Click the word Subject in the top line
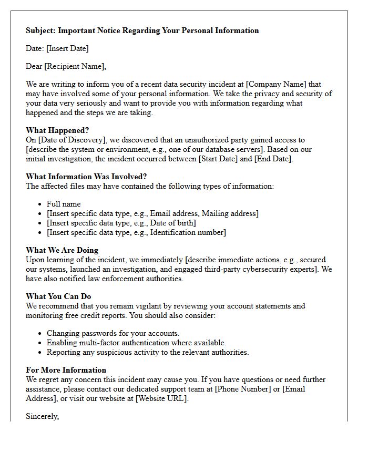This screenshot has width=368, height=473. [40, 30]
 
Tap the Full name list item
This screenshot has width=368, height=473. [64, 204]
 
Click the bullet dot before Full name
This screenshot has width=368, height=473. [40, 204]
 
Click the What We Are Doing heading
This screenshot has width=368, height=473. [62, 250]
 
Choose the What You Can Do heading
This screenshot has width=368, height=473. [58, 296]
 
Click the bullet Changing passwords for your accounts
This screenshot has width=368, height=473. [113, 333]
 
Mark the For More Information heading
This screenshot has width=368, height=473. [66, 370]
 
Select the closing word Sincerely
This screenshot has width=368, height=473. [42, 416]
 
